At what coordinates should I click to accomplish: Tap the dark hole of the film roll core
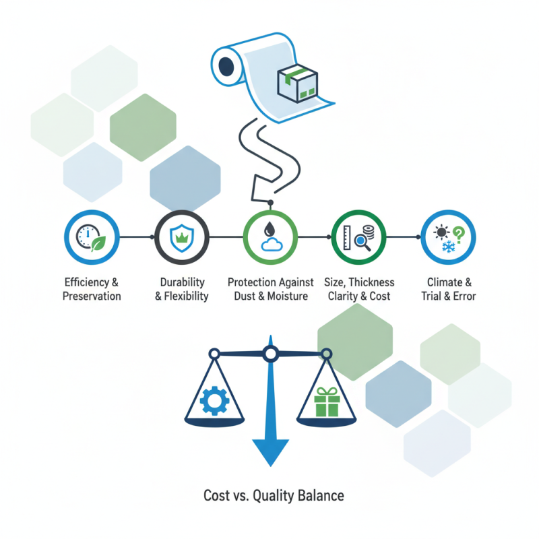pos(226,67)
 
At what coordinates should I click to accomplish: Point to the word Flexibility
pos(186,296)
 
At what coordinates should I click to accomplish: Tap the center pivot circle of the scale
pos(270,353)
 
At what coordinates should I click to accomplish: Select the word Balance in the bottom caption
pos(319,496)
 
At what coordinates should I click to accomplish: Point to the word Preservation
pos(92,296)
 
